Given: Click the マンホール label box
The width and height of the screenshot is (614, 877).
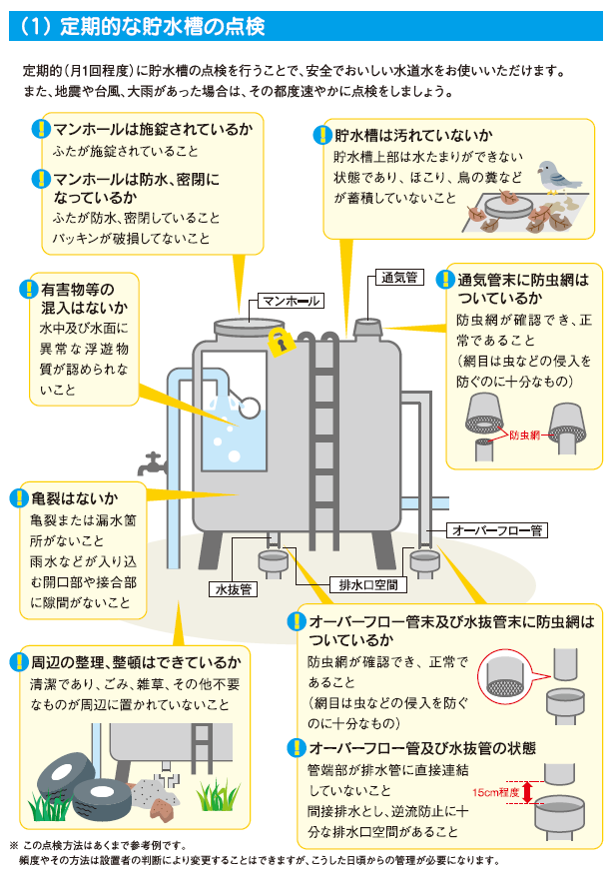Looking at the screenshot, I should (289, 300).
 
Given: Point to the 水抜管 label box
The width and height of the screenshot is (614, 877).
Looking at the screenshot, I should (233, 588).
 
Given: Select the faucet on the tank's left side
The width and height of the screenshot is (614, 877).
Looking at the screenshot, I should (152, 463).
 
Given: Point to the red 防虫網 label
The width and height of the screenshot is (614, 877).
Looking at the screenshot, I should (524, 436).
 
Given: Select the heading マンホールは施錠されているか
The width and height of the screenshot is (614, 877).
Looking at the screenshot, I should (153, 130).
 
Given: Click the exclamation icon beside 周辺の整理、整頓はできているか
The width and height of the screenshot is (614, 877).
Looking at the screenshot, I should (17, 661).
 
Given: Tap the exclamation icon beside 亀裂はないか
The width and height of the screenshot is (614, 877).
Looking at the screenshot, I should (17, 497).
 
